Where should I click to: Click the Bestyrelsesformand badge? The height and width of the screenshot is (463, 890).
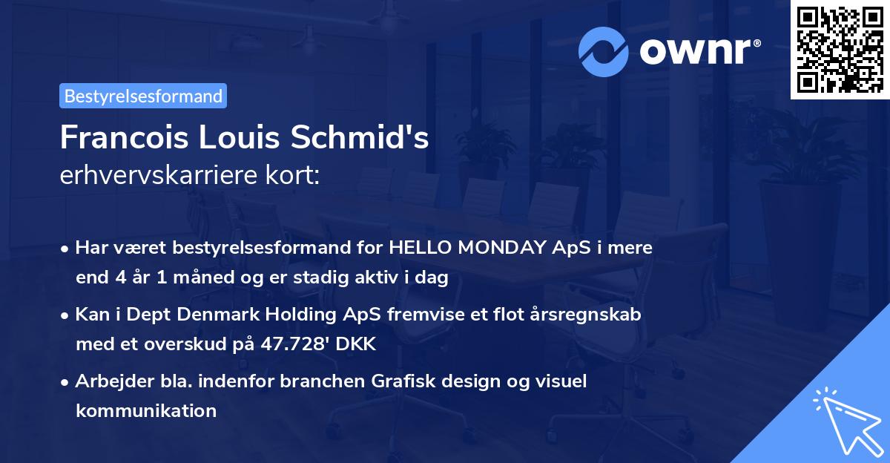pyautogui.click(x=143, y=96)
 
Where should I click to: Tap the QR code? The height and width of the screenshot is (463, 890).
pyautogui.click(x=840, y=50)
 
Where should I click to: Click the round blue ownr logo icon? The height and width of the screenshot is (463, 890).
pyautogui.click(x=603, y=52)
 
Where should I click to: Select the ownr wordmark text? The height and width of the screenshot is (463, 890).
pyautogui.click(x=700, y=51)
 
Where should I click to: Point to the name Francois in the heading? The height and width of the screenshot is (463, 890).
pyautogui.click(x=124, y=137)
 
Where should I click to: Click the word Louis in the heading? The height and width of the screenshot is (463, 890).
pyautogui.click(x=239, y=137)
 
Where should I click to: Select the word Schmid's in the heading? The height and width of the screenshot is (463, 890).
pyautogui.click(x=360, y=137)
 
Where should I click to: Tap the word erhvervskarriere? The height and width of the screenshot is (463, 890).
pyautogui.click(x=159, y=175)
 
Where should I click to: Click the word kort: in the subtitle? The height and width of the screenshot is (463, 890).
pyautogui.click(x=292, y=175)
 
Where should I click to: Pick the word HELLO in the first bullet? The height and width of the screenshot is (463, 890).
pyautogui.click(x=420, y=248)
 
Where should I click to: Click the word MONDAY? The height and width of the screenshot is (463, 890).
pyautogui.click(x=502, y=248)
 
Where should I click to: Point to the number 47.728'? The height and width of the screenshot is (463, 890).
pyautogui.click(x=295, y=344)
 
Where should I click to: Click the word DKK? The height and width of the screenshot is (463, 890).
pyautogui.click(x=355, y=344)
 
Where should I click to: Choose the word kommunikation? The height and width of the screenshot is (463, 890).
pyautogui.click(x=146, y=410)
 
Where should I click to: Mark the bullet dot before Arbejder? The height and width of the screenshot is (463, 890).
pyautogui.click(x=65, y=383)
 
